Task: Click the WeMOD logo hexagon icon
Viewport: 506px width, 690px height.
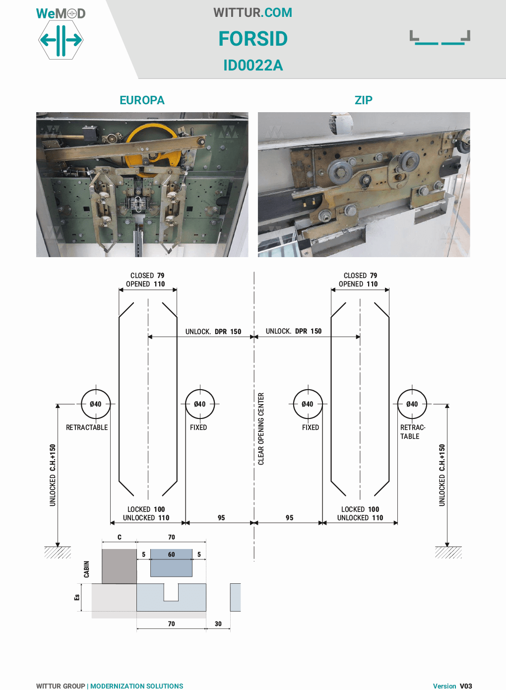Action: [x=61, y=40]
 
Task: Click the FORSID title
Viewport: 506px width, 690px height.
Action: [x=253, y=39]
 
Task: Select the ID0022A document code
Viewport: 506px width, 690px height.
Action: [x=253, y=65]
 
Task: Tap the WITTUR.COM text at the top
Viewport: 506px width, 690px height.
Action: [x=253, y=12]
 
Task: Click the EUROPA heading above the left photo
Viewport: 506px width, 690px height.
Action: [x=142, y=100]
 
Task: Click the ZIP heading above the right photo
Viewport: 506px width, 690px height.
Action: [x=363, y=100]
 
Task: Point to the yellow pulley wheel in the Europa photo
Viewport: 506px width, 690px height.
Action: [x=149, y=144]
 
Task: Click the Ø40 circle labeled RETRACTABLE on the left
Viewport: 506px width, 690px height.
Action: [x=96, y=404]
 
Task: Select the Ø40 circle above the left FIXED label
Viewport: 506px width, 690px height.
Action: [x=199, y=404]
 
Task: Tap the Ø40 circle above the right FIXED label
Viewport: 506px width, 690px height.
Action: [x=308, y=404]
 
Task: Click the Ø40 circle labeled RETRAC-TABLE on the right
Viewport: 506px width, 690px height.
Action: [x=412, y=404]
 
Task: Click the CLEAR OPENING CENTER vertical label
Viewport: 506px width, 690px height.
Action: [x=261, y=429]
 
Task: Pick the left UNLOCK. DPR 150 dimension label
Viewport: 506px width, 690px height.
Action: [x=213, y=332]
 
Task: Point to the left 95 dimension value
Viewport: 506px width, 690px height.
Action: [x=221, y=518]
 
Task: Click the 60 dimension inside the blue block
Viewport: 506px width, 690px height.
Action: [x=171, y=554]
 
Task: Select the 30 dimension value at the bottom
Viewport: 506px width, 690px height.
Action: [x=218, y=624]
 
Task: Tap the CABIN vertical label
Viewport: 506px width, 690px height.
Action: [x=87, y=569]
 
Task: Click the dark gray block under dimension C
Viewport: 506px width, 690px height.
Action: [x=119, y=566]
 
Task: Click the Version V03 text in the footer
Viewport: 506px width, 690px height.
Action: [x=452, y=686]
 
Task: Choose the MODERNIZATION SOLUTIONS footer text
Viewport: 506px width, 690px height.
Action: [x=137, y=686]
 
